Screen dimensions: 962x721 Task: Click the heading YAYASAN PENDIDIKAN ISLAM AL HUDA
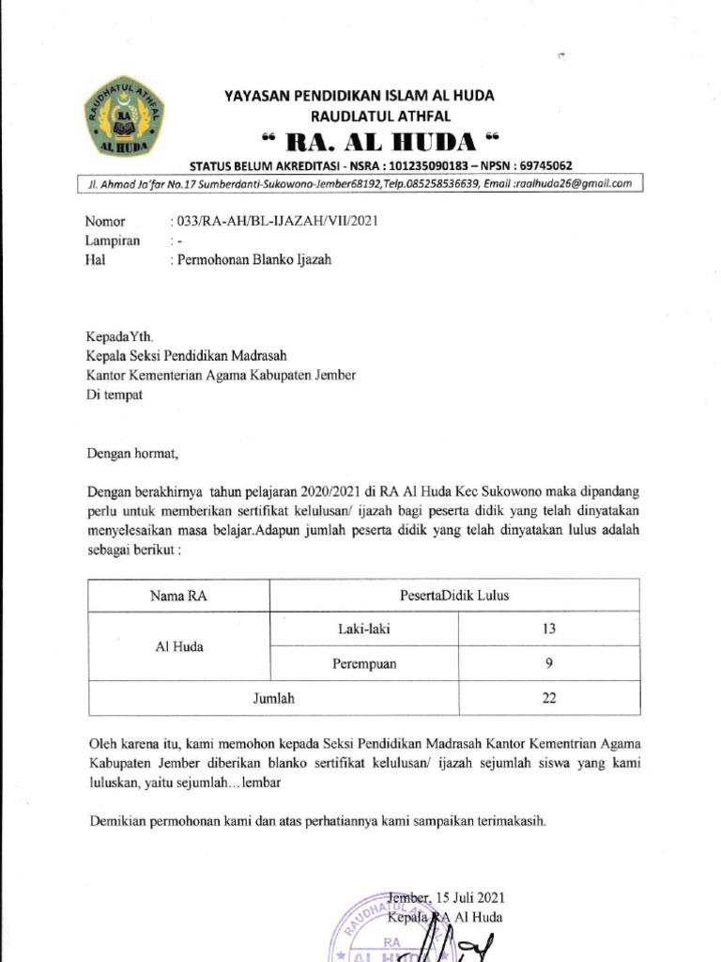(x=359, y=96)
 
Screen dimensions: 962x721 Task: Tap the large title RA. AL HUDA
(x=377, y=142)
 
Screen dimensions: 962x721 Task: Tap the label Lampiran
(x=112, y=240)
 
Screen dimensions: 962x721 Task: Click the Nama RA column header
(x=177, y=595)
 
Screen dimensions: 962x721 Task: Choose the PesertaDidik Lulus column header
(x=454, y=595)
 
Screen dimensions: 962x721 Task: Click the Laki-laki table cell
(x=364, y=628)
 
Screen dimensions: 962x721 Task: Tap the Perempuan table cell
(x=364, y=663)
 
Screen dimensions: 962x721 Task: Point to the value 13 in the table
(x=549, y=628)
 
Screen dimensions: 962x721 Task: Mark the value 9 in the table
(x=549, y=663)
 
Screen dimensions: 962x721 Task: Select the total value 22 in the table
(x=549, y=698)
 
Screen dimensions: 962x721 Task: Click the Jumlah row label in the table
(x=274, y=698)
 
